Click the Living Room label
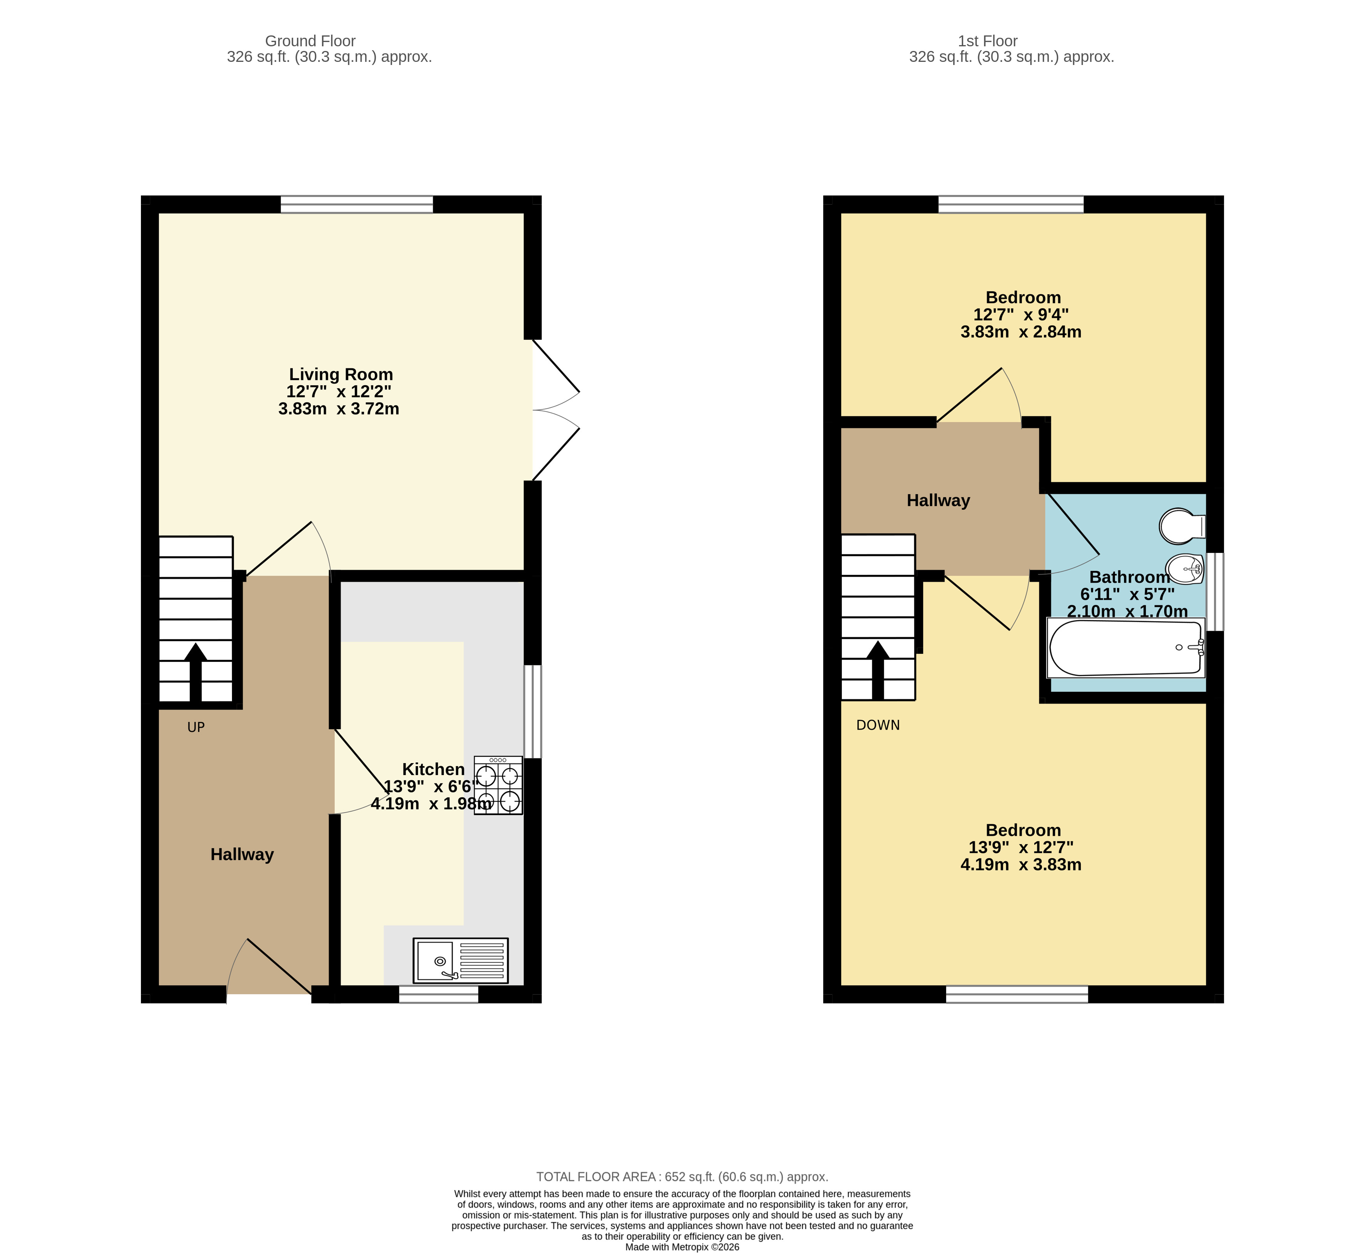[341, 374]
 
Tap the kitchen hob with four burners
[498, 785]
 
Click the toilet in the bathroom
[1181, 526]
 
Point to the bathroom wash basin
[1184, 568]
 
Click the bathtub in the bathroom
[1126, 648]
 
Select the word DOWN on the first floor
[878, 725]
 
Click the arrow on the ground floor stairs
[195, 671]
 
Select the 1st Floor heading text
[987, 41]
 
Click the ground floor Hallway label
[242, 854]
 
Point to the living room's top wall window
[357, 204]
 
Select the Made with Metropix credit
[682, 1247]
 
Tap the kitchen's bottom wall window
[439, 994]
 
